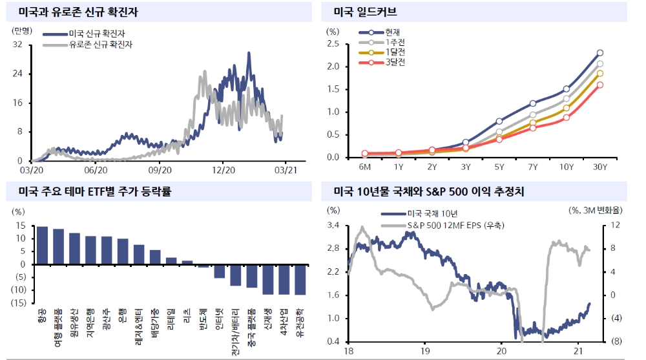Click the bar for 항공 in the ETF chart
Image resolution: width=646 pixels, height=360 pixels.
[42, 246]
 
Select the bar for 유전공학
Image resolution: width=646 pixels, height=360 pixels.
[300, 279]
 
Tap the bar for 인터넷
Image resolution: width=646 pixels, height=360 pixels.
[220, 271]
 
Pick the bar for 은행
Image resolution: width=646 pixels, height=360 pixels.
[123, 251]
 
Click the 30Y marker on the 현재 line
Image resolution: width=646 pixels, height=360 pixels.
[600, 53]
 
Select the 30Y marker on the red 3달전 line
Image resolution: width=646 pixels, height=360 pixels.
[600, 85]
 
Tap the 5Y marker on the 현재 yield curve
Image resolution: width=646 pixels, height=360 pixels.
[499, 121]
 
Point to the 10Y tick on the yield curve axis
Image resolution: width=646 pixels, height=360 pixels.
[567, 167]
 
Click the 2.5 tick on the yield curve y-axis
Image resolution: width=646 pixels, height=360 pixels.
[333, 44]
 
